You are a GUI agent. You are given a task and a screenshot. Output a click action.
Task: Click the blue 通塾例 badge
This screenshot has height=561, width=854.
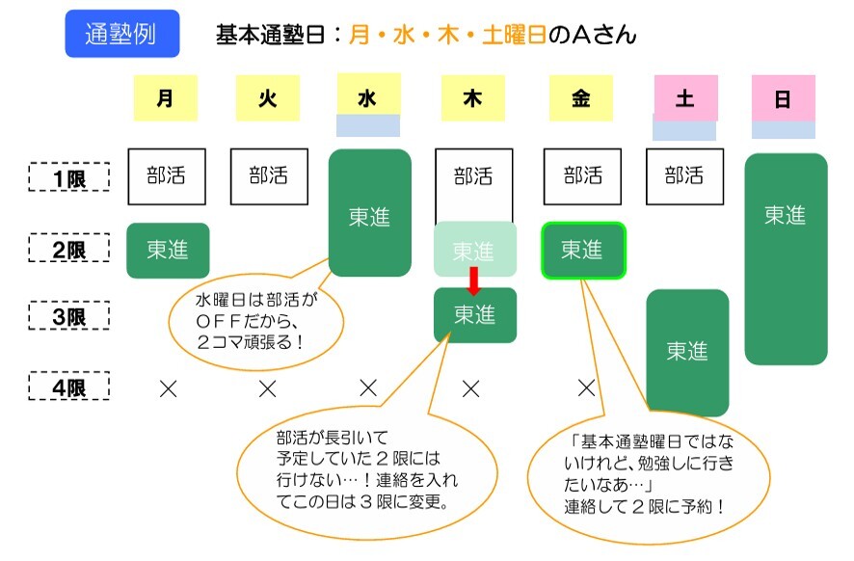tap(122, 34)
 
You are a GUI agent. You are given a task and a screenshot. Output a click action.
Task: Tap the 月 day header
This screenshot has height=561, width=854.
tap(166, 98)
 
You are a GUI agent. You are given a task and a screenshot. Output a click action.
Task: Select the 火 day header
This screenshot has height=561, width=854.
tap(267, 98)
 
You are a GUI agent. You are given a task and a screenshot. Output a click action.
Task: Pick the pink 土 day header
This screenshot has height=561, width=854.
tap(685, 98)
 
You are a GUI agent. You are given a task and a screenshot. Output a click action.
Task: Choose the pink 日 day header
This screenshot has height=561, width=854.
tap(784, 98)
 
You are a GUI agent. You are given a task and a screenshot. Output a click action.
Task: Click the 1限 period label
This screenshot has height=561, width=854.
tap(69, 177)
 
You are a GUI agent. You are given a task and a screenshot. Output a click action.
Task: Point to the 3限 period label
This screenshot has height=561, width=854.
tap(69, 315)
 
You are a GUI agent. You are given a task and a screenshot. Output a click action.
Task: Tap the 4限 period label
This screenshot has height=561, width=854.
tap(69, 387)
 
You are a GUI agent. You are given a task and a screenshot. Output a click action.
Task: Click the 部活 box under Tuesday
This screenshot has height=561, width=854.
tap(269, 176)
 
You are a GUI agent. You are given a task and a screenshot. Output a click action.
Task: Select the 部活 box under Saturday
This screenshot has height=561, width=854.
tap(684, 176)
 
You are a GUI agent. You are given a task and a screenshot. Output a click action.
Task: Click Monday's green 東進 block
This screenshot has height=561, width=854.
tap(168, 250)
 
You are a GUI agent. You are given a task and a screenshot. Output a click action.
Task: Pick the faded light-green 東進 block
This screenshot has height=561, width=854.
tap(475, 249)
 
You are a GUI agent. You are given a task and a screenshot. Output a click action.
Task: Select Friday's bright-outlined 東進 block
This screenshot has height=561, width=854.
tap(583, 250)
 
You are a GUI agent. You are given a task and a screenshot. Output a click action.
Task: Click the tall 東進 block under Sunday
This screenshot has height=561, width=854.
tap(786, 258)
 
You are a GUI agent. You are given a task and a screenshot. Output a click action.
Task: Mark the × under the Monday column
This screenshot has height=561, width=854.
tap(169, 388)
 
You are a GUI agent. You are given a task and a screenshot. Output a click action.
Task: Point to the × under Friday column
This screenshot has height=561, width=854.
tap(586, 387)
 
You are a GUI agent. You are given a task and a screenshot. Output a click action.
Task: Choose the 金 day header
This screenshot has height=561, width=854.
tap(581, 98)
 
